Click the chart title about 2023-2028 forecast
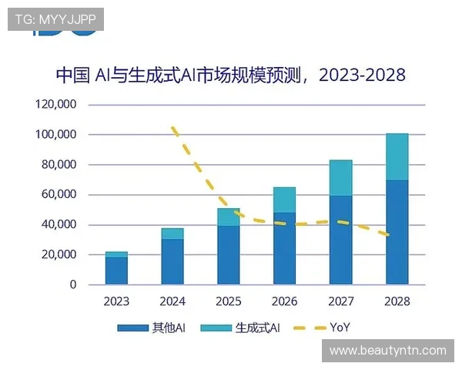pos(230,76)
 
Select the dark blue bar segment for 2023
pos(117,271)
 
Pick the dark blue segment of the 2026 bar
pos(285,248)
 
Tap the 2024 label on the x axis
pos(172,301)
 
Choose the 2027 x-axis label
pos(341,301)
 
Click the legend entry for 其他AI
pos(152,328)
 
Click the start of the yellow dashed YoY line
pos(173,127)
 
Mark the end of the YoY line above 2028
pos(396,235)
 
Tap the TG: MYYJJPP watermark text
pos(55,19)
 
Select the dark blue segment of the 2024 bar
pos(172,262)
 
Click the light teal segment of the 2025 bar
pos(229,217)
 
